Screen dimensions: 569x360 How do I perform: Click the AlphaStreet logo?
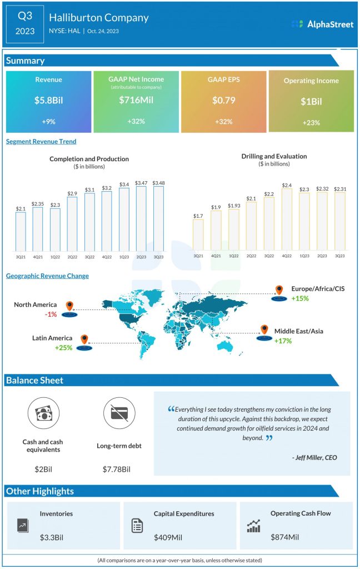pyautogui.click(x=322, y=24)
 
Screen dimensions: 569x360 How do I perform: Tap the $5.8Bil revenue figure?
pyautogui.click(x=48, y=101)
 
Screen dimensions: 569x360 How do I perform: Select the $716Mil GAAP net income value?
pyautogui.click(x=136, y=101)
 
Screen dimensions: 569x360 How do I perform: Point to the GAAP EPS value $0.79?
pyautogui.click(x=224, y=101)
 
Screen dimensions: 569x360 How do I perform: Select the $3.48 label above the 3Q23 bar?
pyautogui.click(x=159, y=182)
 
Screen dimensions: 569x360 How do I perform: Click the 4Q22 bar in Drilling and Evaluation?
pyautogui.click(x=287, y=219)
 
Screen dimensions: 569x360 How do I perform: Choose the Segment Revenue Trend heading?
pyautogui.click(x=41, y=142)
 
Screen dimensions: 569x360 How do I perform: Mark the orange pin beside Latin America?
pyautogui.click(x=84, y=339)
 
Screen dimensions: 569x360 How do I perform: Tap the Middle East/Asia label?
pyautogui.click(x=299, y=332)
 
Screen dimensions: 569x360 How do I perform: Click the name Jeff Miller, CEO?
pyautogui.click(x=314, y=458)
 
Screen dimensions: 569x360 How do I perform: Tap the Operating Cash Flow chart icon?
pyautogui.click(x=253, y=526)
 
